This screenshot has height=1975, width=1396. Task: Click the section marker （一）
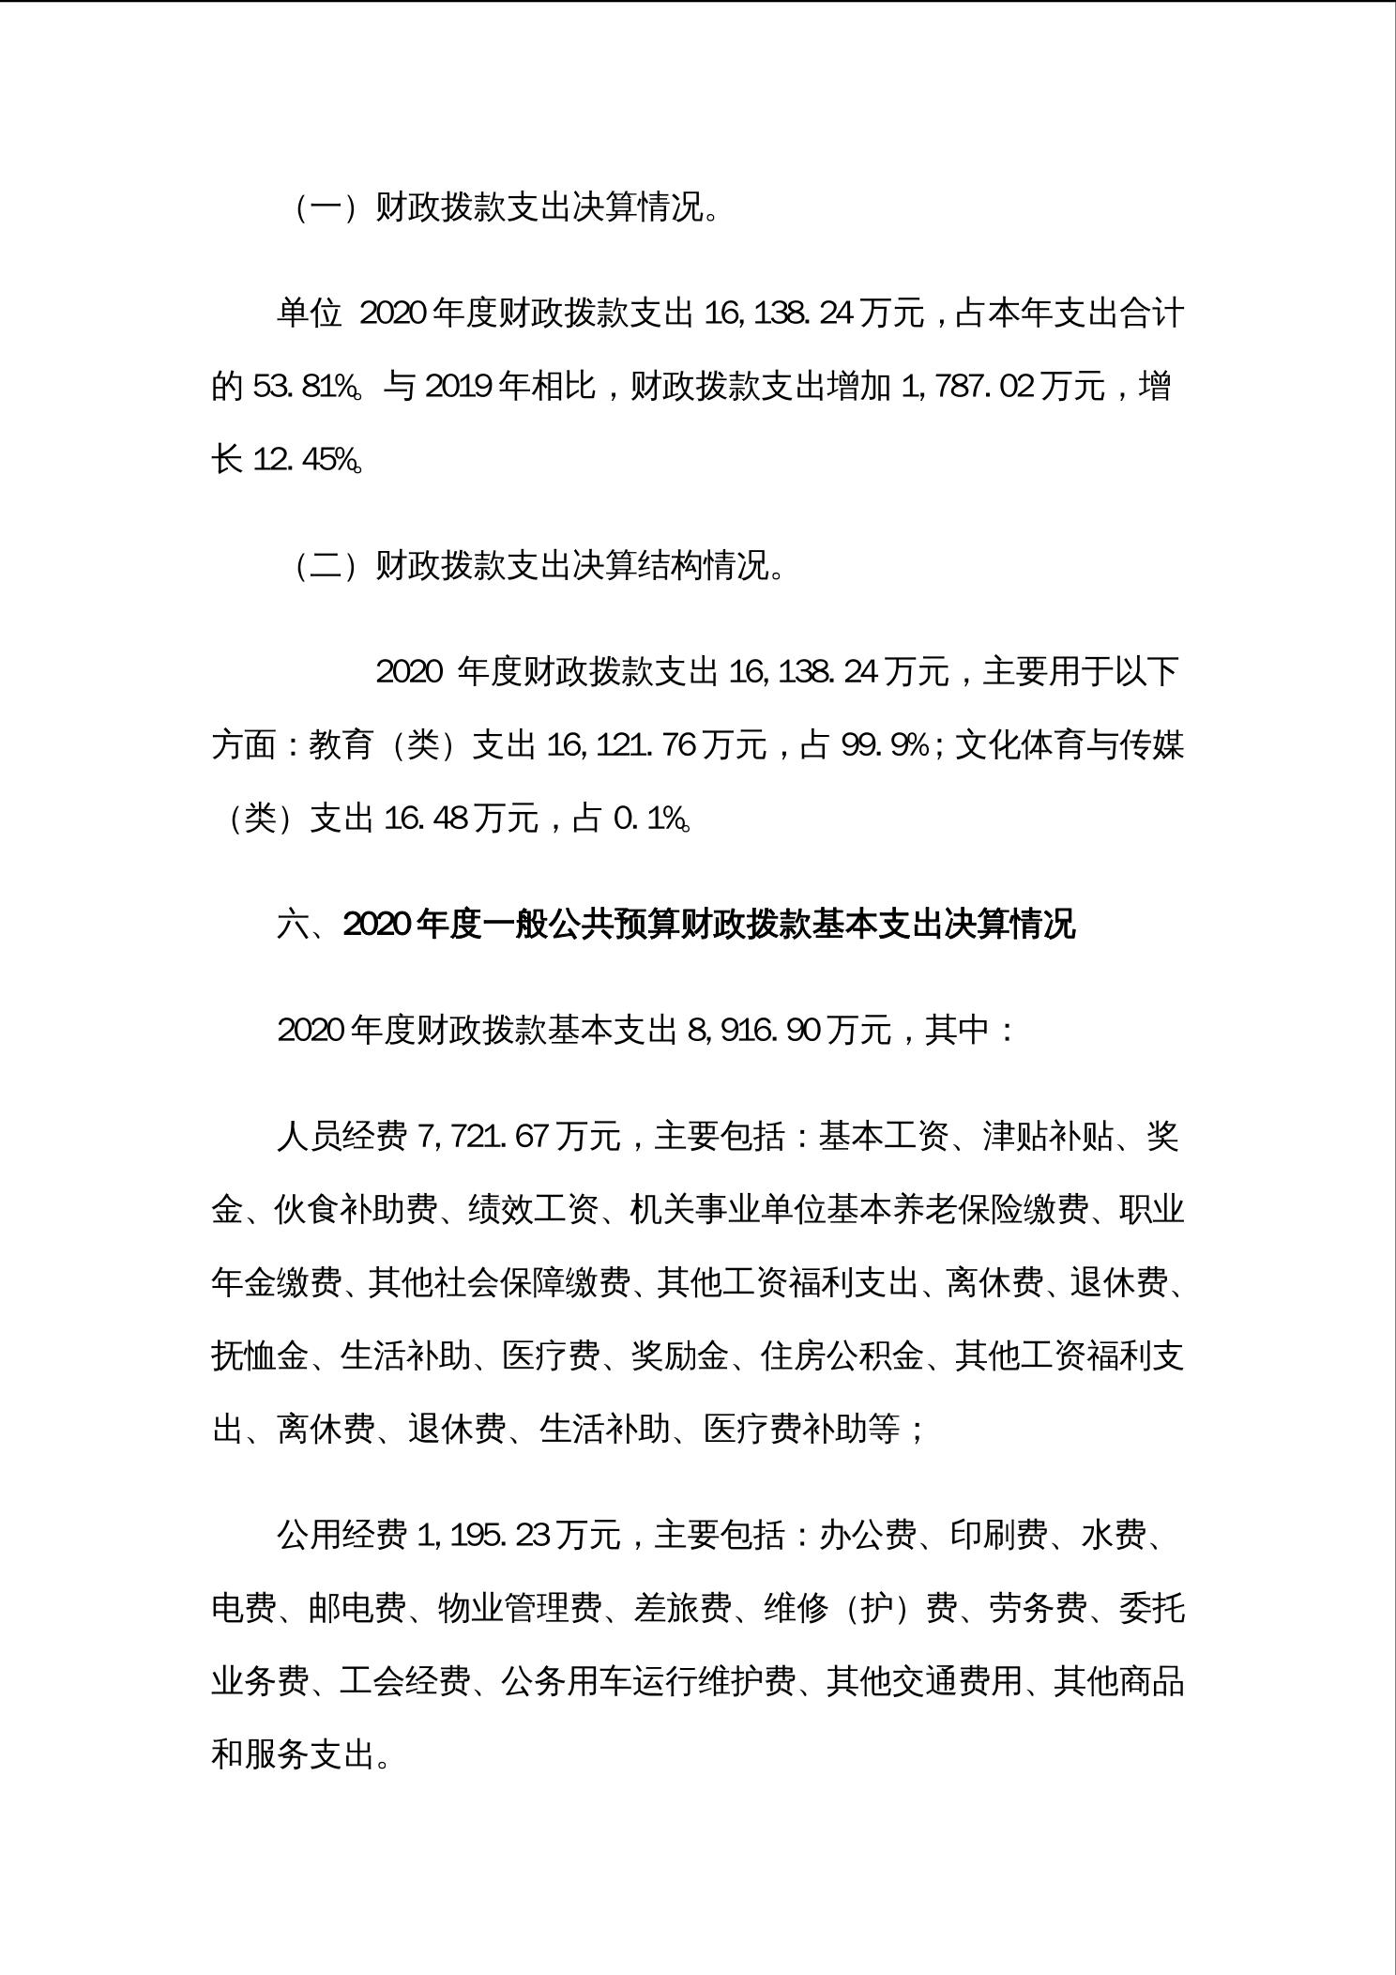(x=325, y=207)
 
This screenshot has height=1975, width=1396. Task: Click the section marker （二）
(x=325, y=566)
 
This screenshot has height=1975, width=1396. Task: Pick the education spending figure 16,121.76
(x=620, y=745)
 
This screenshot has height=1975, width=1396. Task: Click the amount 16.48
(x=426, y=819)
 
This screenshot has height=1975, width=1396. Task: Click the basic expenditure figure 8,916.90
(x=754, y=1031)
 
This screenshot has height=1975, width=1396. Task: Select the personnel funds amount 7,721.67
(x=482, y=1137)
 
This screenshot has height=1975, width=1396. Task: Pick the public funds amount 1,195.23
(x=482, y=1535)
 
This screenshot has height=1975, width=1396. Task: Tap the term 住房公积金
(x=842, y=1356)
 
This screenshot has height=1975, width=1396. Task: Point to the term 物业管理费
(x=520, y=1608)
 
